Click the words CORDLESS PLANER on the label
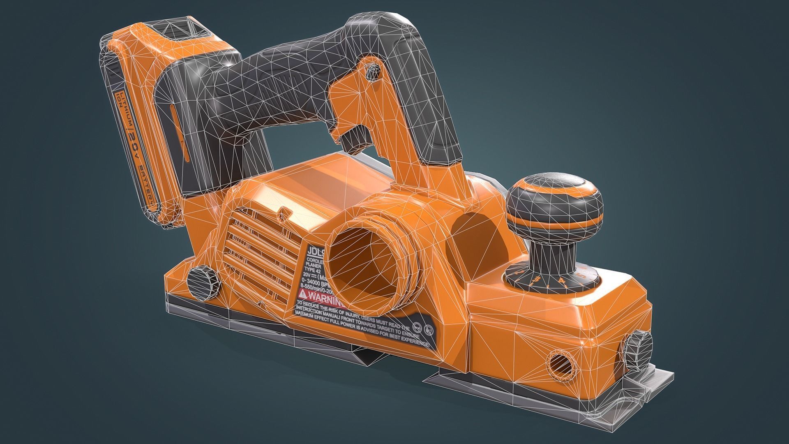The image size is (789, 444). pyautogui.click(x=316, y=264)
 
